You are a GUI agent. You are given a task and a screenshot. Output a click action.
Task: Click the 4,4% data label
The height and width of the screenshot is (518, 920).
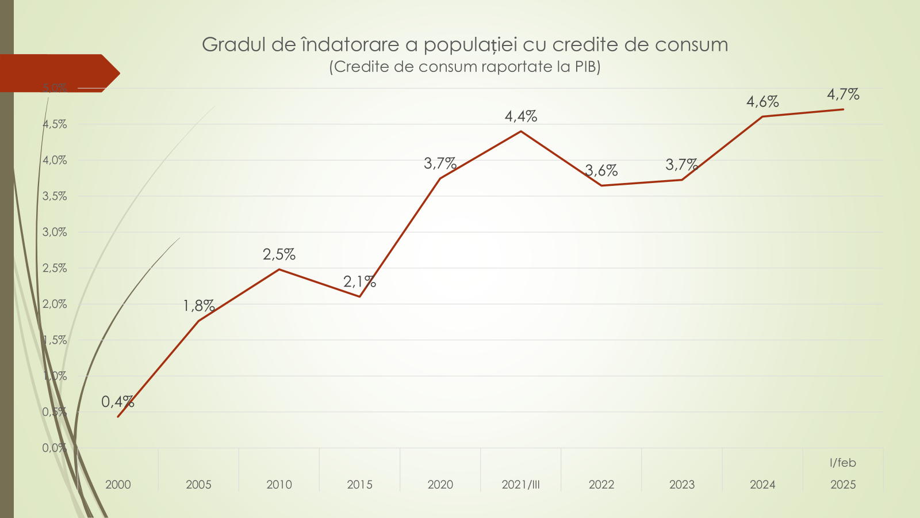(521, 116)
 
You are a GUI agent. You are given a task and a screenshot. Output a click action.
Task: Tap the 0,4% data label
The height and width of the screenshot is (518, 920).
(117, 402)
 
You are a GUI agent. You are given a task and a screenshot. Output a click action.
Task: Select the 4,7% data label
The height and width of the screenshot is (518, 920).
(843, 94)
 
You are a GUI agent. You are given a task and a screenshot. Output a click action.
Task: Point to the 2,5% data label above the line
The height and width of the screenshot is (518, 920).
(279, 254)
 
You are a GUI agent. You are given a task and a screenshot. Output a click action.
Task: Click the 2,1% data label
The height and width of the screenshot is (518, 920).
(359, 281)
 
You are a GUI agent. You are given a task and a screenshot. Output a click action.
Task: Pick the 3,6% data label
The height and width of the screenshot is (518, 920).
(601, 170)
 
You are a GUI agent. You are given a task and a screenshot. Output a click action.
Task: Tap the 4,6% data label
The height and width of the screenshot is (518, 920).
(762, 102)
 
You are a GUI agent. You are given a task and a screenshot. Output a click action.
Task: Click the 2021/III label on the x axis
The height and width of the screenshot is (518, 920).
(521, 485)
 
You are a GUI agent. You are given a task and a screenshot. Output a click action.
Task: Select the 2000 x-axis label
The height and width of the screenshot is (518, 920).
(118, 485)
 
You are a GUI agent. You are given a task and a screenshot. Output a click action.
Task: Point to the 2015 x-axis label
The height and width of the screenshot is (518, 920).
(359, 485)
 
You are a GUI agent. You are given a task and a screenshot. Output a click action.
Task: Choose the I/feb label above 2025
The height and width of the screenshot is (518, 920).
(843, 463)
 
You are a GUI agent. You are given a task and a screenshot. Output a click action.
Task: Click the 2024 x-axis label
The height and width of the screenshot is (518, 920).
(762, 485)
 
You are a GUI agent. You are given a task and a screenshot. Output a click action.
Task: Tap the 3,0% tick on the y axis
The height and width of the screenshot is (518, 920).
(55, 232)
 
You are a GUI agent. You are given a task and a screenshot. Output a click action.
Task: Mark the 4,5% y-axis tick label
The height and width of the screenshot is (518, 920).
(55, 124)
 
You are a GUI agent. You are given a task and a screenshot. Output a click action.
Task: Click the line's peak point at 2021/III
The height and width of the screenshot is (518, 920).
(521, 131)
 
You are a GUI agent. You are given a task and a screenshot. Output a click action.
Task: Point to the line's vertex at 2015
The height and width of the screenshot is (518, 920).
(360, 296)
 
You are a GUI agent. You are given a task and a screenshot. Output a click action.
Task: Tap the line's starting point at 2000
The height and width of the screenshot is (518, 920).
(118, 417)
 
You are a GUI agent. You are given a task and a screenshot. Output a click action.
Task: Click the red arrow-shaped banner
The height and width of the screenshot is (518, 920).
(57, 73)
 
